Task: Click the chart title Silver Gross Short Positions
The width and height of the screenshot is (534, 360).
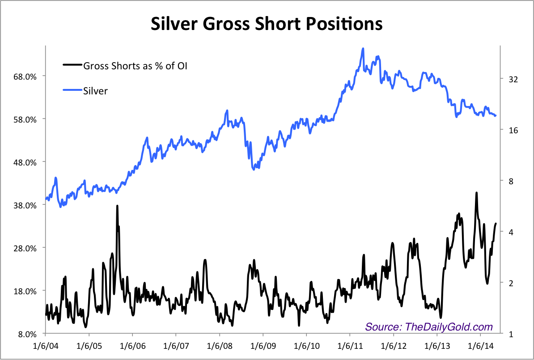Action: pos(267,23)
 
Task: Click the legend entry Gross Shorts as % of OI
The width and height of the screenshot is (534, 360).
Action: pos(135,66)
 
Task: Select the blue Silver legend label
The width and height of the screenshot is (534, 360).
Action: pos(95,91)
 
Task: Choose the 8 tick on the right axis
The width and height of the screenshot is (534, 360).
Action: pos(511,181)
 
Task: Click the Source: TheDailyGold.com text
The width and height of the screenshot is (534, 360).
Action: pos(429,327)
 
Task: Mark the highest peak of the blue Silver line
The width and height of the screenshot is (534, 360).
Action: pos(363,48)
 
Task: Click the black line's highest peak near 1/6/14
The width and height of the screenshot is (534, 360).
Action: pos(476,193)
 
